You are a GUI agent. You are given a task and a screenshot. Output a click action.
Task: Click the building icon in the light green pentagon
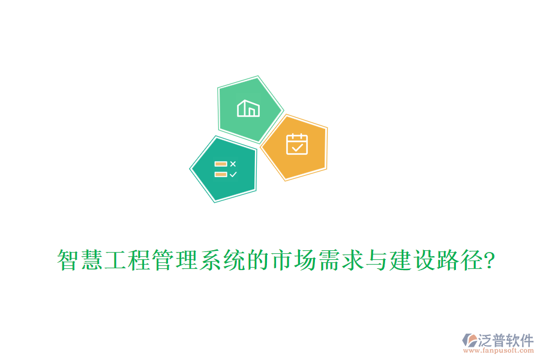(248, 109)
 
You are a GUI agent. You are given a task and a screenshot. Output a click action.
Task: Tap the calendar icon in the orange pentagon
(296, 145)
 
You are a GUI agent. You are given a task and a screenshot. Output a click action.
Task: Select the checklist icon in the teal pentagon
(225, 169)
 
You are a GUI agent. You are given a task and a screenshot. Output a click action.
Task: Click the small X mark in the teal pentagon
(233, 163)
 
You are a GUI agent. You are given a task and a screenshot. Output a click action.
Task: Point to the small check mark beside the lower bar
(233, 174)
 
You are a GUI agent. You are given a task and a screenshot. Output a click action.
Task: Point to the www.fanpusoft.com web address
(503, 350)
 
